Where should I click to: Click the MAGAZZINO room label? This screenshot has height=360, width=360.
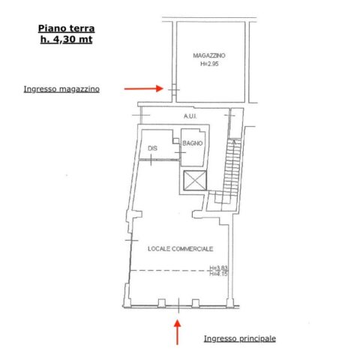[209, 55]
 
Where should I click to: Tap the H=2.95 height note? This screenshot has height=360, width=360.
[209, 64]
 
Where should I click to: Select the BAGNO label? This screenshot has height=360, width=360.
[193, 143]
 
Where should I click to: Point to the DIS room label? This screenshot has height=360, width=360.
[153, 148]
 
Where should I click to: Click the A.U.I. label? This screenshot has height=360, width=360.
[190, 116]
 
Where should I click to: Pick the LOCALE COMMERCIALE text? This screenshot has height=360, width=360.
[181, 249]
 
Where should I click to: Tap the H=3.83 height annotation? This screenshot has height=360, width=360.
[218, 268]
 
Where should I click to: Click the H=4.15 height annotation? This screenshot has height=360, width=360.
[218, 274]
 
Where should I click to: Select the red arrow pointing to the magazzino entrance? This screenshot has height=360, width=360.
[144, 88]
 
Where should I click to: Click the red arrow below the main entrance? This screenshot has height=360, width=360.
[178, 332]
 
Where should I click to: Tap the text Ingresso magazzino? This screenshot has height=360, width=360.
[61, 89]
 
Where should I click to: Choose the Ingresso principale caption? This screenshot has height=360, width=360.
[240, 338]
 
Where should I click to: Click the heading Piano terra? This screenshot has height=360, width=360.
[67, 28]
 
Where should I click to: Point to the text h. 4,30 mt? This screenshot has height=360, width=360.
[67, 40]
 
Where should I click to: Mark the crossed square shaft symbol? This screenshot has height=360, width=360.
[195, 181]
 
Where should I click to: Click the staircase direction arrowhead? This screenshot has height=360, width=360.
[234, 142]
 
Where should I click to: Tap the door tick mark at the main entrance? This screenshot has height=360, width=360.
[178, 305]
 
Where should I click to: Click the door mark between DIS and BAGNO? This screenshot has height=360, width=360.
[180, 152]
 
